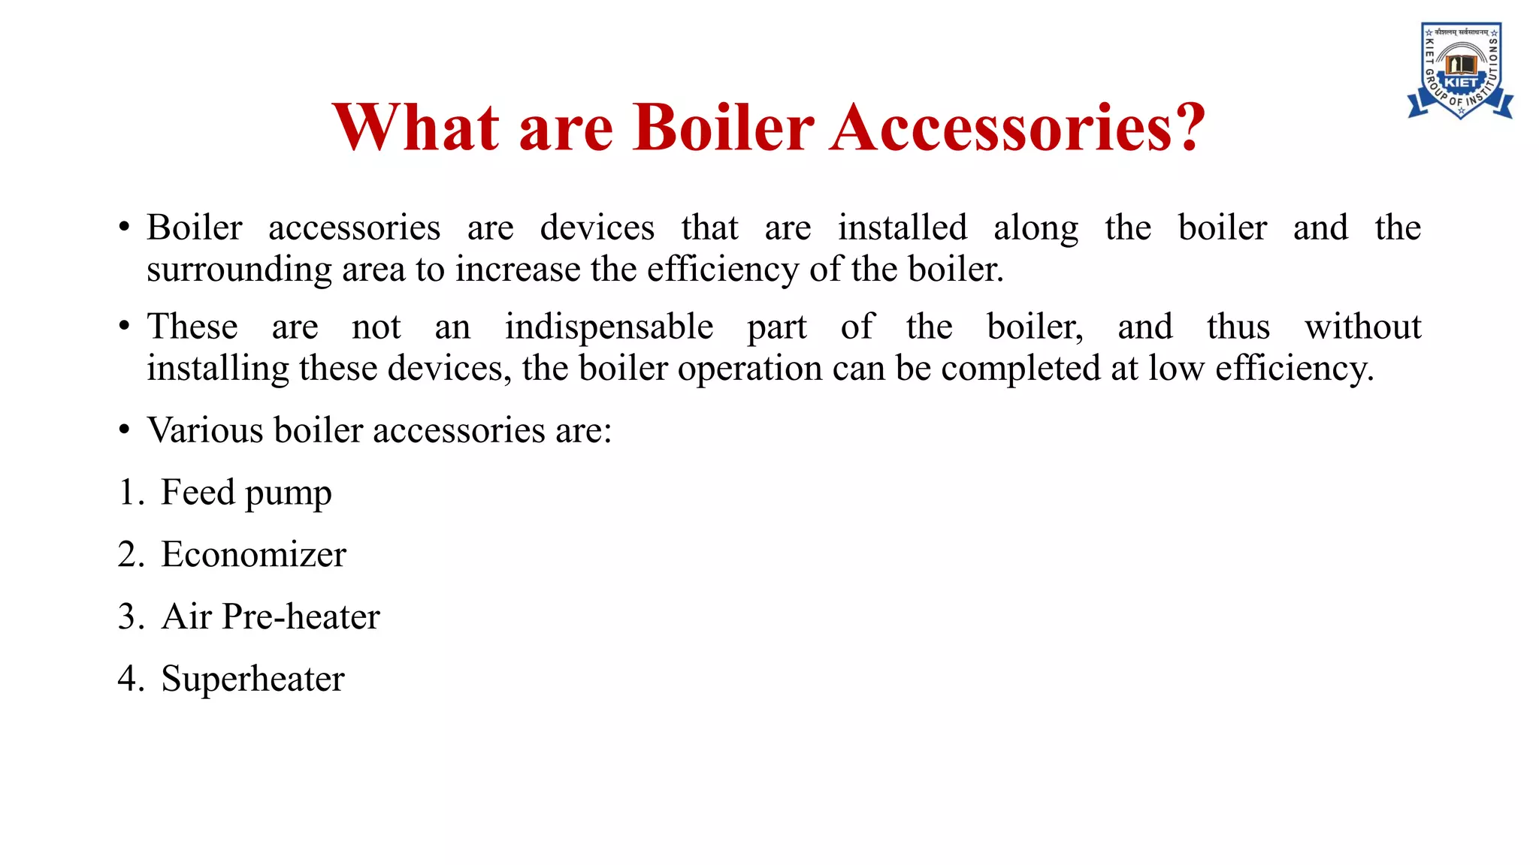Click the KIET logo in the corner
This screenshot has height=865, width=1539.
point(1459,71)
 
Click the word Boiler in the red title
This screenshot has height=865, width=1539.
point(724,128)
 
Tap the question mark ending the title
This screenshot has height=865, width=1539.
point(1187,128)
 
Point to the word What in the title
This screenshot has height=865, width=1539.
point(416,128)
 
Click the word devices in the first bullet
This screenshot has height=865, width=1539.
point(597,228)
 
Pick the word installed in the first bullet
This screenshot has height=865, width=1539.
point(903,228)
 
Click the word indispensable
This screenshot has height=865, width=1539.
point(609,327)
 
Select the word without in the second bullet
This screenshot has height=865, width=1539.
point(1362,327)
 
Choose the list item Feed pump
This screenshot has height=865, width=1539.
point(246,493)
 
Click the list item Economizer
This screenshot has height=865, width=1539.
point(253,555)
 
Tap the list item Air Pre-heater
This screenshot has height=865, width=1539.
point(271,617)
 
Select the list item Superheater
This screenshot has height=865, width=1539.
point(252,680)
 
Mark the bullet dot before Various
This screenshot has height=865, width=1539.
point(125,431)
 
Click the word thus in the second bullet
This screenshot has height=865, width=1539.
point(1238,327)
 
